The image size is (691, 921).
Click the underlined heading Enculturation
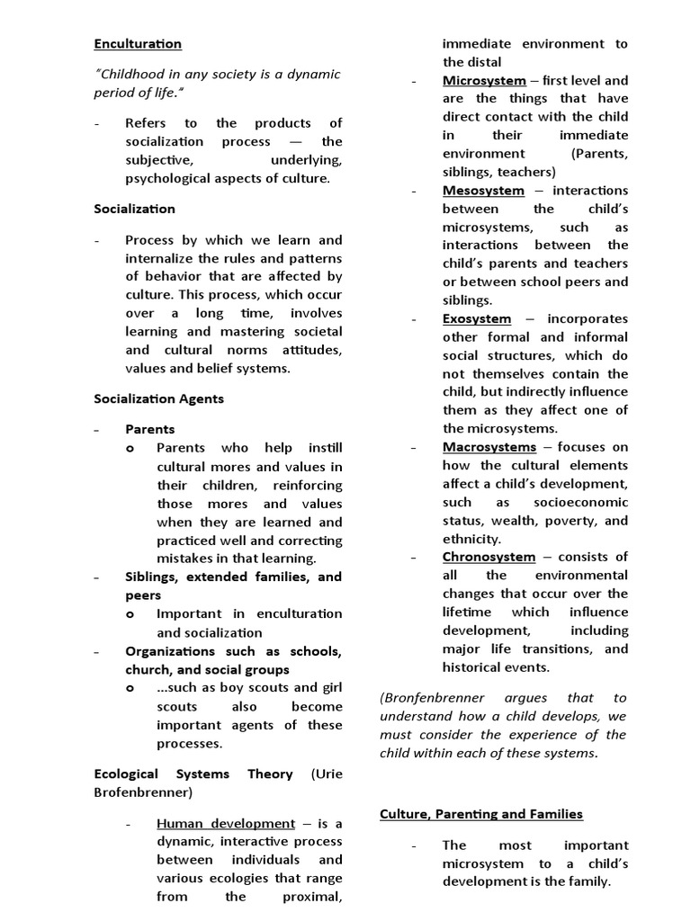point(138,43)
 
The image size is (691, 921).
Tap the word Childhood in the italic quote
point(133,74)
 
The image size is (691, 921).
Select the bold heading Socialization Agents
point(159,398)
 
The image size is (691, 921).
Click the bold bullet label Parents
point(150,429)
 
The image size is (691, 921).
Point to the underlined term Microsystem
point(484,80)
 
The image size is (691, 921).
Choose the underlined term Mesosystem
point(483,190)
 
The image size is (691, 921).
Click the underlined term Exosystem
point(477,318)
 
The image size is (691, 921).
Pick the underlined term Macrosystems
point(489,447)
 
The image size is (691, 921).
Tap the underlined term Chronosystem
point(489,557)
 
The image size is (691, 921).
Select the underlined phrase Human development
point(226,823)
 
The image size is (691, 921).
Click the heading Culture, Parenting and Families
point(481,814)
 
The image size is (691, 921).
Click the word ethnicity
point(471,539)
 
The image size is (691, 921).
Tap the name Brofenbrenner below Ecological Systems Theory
point(139,792)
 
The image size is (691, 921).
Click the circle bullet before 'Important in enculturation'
point(130,614)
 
